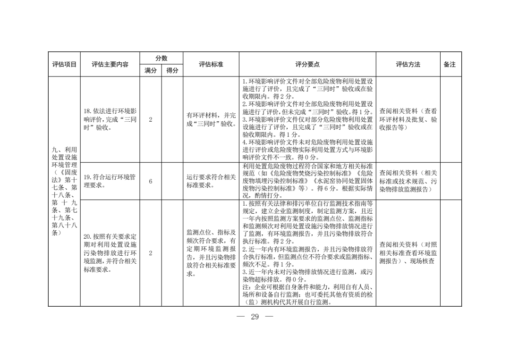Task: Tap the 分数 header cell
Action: coord(161,59)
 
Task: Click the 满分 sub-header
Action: coord(151,70)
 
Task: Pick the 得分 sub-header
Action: coord(171,70)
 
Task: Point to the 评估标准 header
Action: coord(211,65)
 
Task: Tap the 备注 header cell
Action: coord(450,65)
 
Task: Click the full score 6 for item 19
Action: coord(151,181)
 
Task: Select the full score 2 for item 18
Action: coord(151,119)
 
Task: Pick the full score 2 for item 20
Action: coord(151,253)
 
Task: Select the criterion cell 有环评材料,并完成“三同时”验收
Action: coord(211,119)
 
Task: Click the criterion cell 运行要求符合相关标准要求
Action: coord(211,181)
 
